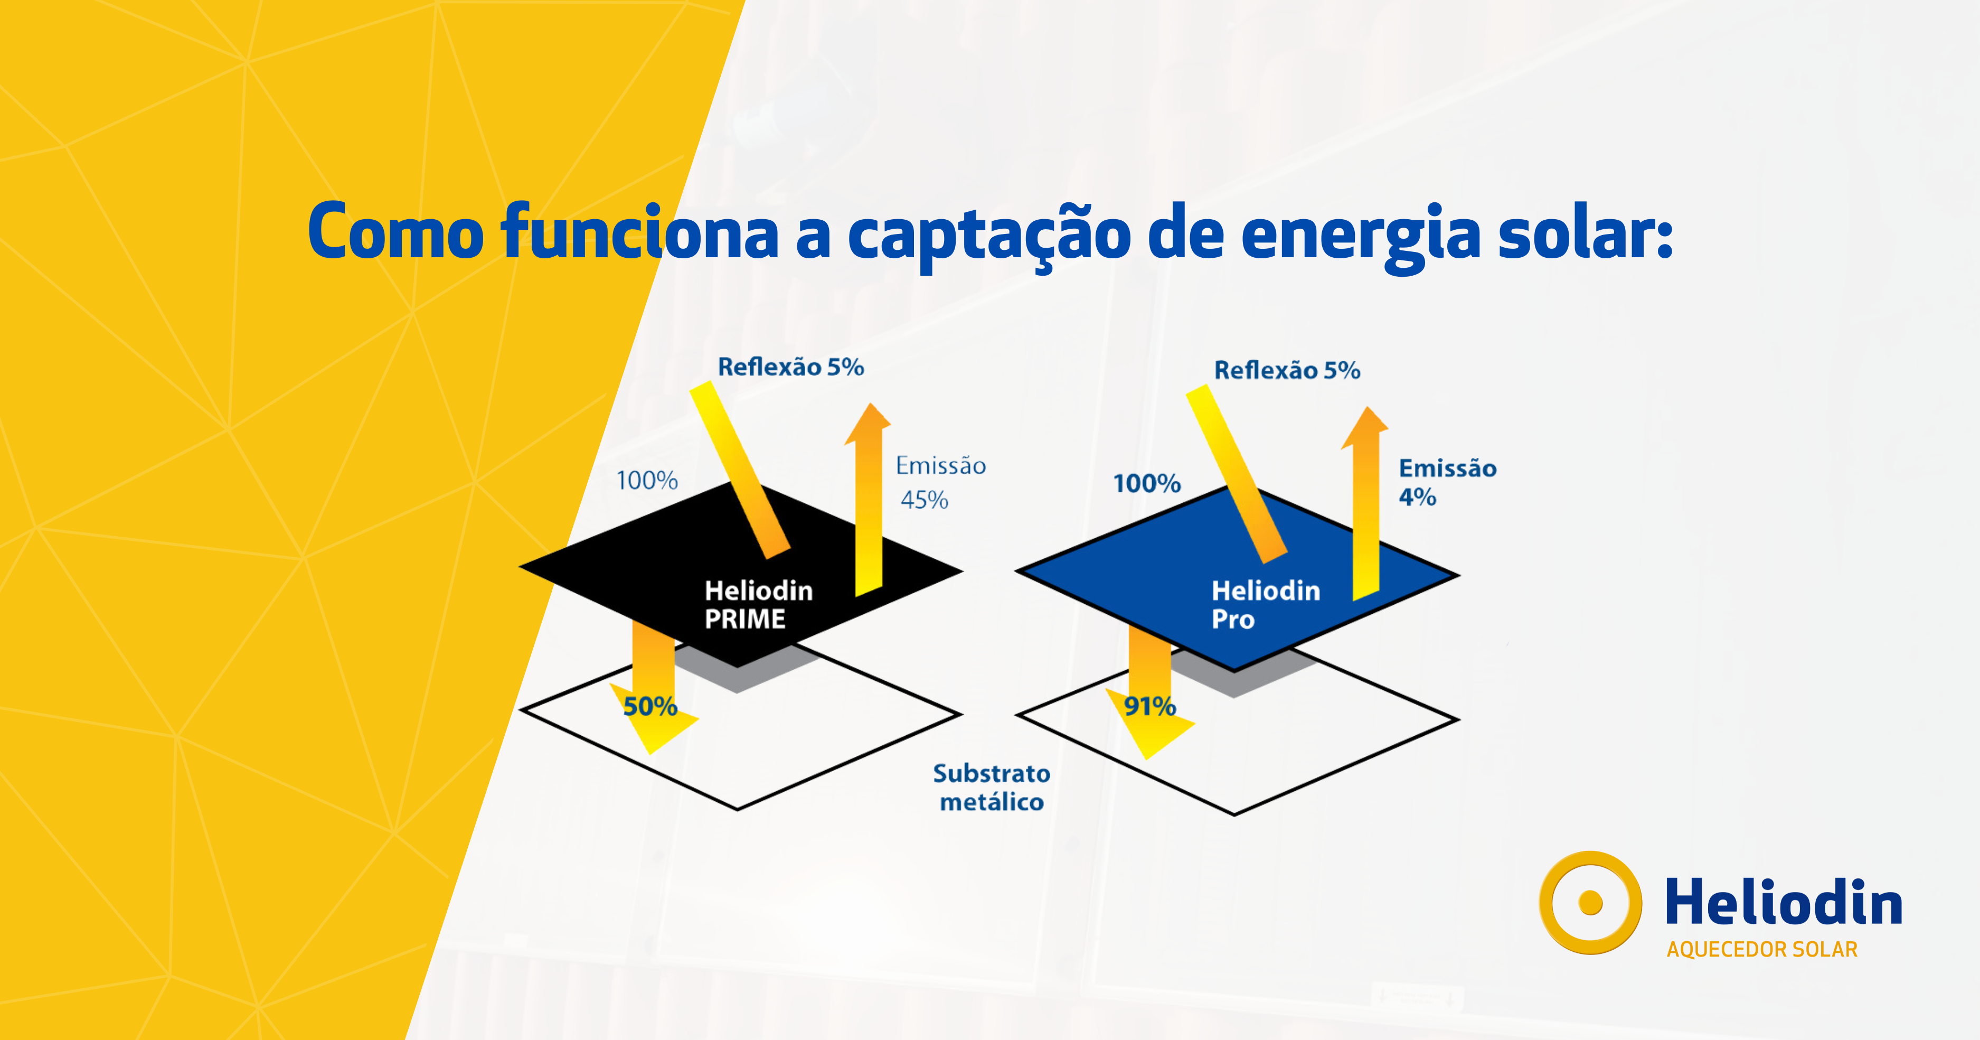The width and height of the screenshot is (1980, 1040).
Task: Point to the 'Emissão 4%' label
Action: click(x=1447, y=482)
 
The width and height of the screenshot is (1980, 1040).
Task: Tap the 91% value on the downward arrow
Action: click(x=1149, y=706)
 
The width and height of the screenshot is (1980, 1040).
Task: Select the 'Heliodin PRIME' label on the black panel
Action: click(x=758, y=604)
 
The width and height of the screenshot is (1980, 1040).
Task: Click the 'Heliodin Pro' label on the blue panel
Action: click(x=1265, y=604)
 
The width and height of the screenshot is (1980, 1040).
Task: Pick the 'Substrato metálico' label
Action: click(x=992, y=787)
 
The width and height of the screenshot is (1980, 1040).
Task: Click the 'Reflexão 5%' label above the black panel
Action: click(x=790, y=367)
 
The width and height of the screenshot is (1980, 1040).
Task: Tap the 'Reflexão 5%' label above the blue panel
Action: click(x=1287, y=370)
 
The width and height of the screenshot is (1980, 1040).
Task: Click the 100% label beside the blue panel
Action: click(x=1146, y=483)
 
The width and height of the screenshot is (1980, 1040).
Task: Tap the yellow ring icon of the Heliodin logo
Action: click(x=1589, y=903)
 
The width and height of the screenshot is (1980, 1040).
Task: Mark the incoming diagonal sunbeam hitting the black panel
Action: click(x=739, y=469)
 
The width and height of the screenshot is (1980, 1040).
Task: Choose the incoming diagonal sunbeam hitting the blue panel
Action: click(x=1236, y=472)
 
